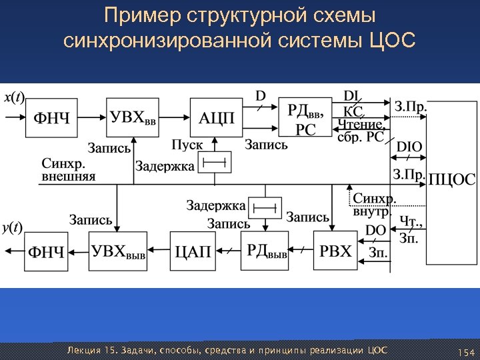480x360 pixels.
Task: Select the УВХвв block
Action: coord(134,118)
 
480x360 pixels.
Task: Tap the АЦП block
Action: coord(217,118)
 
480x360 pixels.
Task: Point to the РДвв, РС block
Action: coord(305,118)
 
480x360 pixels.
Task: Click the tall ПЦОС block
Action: coord(451,179)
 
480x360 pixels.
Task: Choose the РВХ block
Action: coord(335,250)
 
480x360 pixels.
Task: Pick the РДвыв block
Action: coord(267,250)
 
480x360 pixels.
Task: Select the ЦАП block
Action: coord(193,251)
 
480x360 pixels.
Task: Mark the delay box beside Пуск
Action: coord(215,162)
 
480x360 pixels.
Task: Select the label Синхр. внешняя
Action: coord(69,170)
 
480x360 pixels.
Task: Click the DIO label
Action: coord(409,147)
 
